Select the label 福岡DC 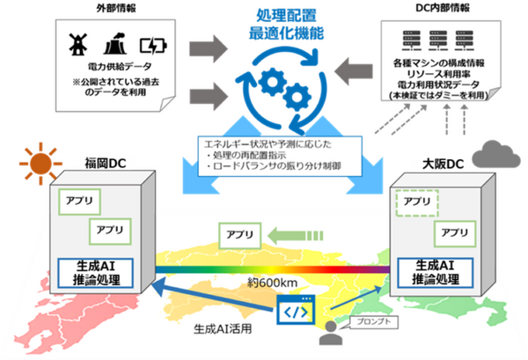click(101, 165)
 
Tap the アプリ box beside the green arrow click(235, 236)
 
